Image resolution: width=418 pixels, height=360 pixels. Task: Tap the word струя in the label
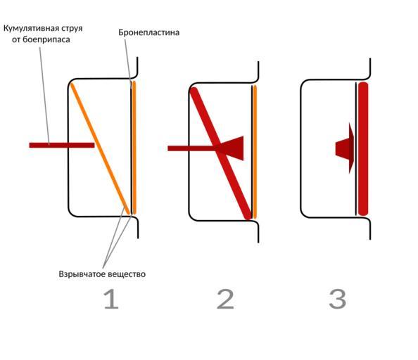click(x=72, y=29)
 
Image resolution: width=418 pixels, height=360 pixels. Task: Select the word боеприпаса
click(x=46, y=39)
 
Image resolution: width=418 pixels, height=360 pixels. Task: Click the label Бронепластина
click(x=148, y=32)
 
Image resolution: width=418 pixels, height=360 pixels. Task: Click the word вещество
click(x=125, y=274)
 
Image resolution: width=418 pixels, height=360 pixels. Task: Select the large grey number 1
click(x=111, y=300)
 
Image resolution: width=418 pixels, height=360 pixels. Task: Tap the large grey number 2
click(x=225, y=300)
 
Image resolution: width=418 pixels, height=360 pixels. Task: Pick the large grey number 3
click(x=338, y=300)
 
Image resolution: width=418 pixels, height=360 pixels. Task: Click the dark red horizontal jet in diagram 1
click(x=62, y=145)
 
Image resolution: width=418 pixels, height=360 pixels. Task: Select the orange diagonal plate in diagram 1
click(x=100, y=149)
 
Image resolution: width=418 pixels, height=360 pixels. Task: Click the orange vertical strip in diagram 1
click(x=134, y=148)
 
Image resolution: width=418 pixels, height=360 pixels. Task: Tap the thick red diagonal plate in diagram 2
click(x=221, y=154)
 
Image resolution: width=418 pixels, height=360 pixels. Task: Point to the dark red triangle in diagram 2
click(x=232, y=148)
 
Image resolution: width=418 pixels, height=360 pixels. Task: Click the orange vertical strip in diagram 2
click(x=255, y=152)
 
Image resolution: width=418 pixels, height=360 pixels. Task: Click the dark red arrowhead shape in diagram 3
click(x=345, y=148)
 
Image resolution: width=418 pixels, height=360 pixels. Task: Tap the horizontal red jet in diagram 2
click(x=192, y=148)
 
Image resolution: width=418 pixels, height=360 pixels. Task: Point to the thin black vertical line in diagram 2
click(x=252, y=152)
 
